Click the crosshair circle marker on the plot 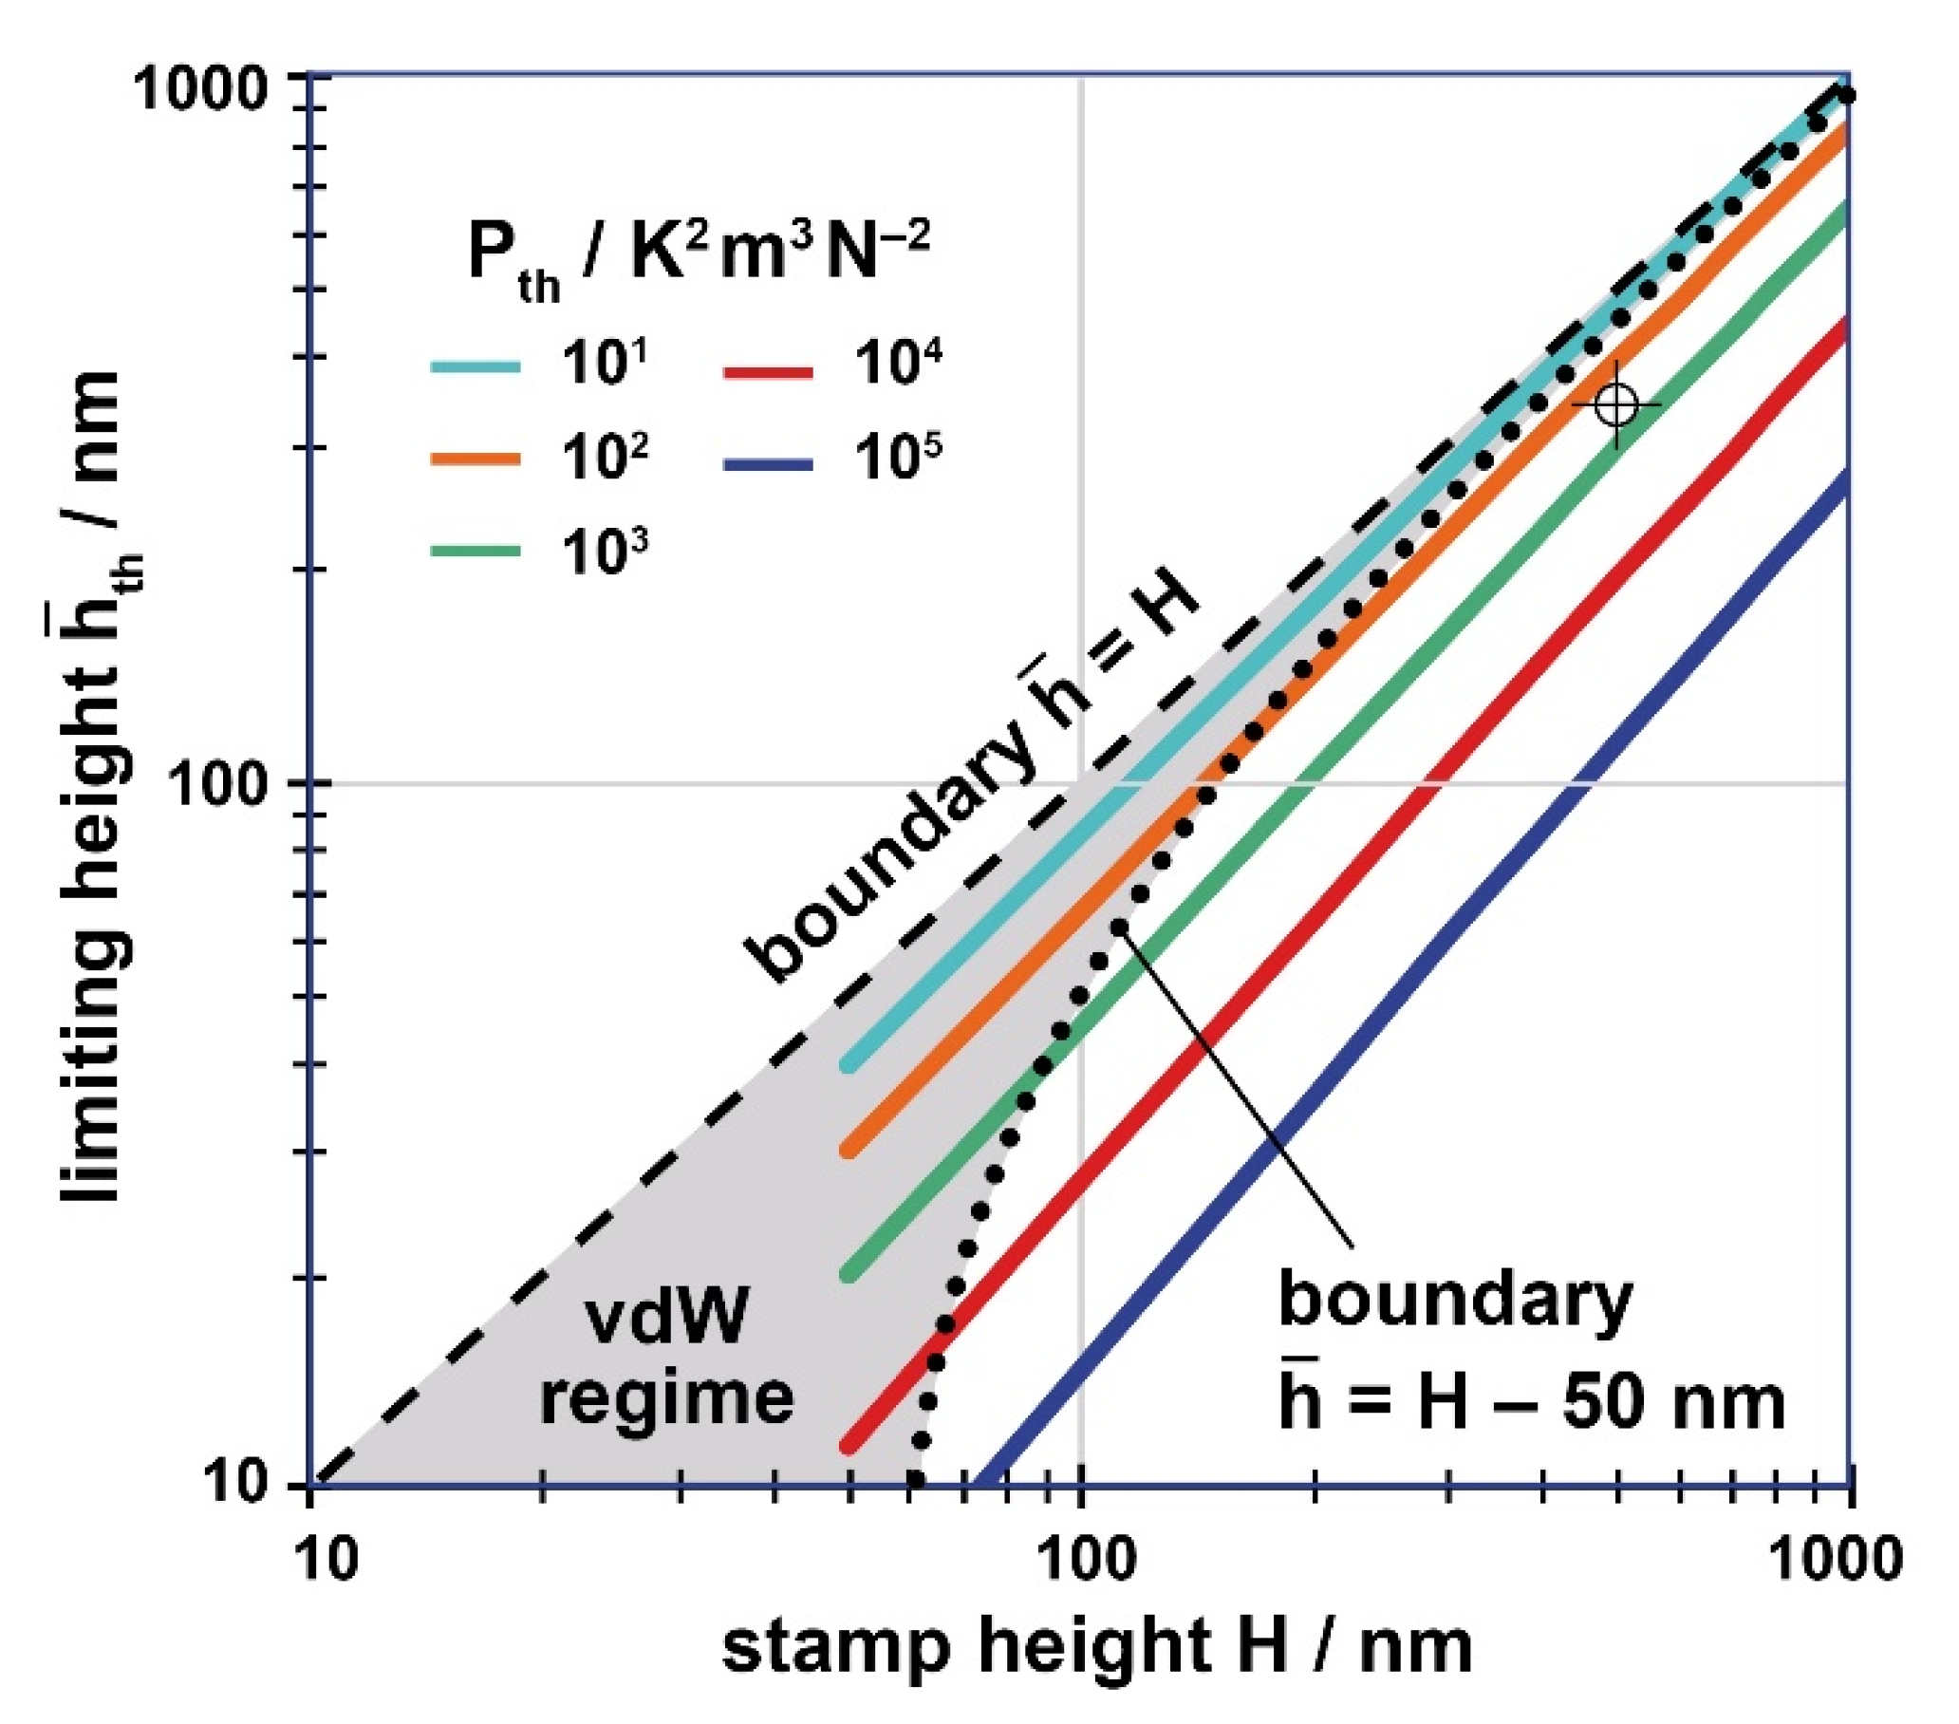tap(1617, 404)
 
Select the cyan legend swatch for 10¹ tap(476, 367)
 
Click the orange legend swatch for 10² tap(476, 459)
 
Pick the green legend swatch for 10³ tap(476, 552)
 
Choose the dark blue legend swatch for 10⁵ tap(768, 464)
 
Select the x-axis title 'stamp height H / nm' tap(1096, 1649)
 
